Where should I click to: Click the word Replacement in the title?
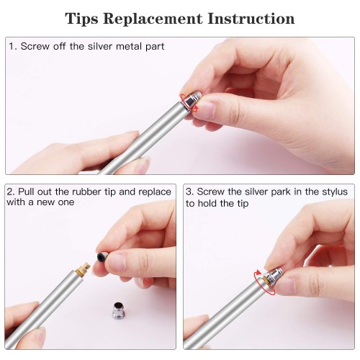pos(153,19)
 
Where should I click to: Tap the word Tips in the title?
pos(81,19)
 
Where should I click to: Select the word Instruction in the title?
pos(251,18)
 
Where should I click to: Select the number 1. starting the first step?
pos(13,46)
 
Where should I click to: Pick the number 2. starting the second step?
pos(11,192)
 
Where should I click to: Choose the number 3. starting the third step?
pos(189,192)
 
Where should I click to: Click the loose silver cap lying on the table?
pos(119,310)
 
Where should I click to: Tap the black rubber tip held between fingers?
pos(102,256)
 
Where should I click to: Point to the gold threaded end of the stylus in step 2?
pos(83,269)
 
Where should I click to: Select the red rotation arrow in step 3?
pos(265,282)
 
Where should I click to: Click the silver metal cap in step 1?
pos(192,100)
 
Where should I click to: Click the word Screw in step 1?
pos(35,46)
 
